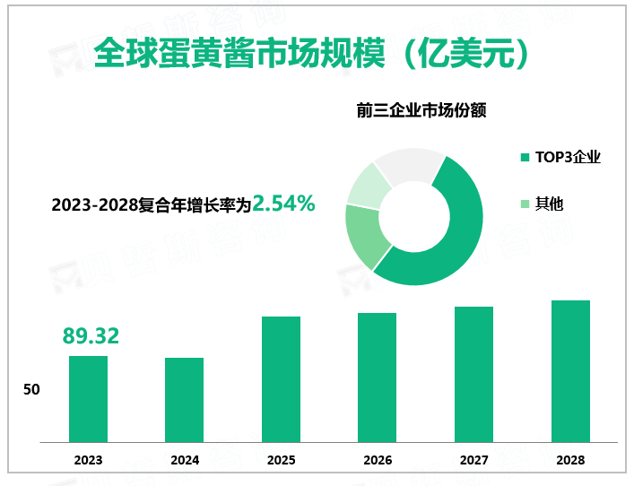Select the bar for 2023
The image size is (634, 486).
(88, 399)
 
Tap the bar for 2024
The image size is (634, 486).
(184, 400)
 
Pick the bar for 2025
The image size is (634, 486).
(281, 379)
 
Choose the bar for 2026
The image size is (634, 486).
(377, 378)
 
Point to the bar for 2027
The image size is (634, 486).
(473, 375)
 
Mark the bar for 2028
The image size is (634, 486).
(570, 371)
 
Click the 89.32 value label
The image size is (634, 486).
(91, 336)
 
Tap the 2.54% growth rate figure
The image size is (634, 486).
(283, 204)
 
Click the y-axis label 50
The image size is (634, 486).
(31, 391)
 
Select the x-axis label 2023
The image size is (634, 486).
(88, 460)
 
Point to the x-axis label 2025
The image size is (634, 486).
(281, 460)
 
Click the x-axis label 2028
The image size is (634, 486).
(570, 460)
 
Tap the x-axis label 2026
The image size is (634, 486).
(377, 460)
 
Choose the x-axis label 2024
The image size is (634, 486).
(184, 460)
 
